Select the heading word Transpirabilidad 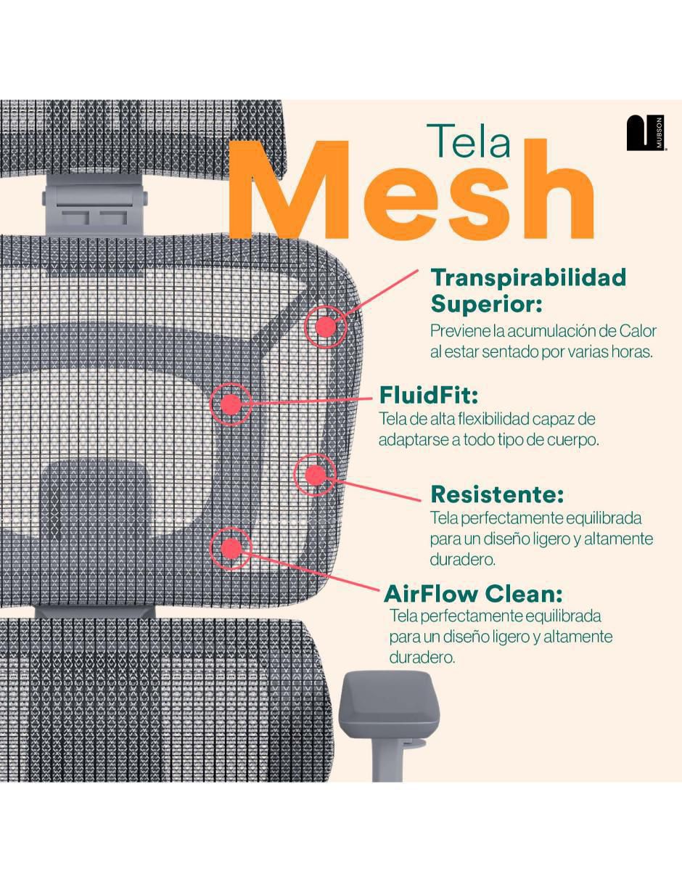pos(528,277)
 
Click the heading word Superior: pos(486,304)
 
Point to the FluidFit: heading pos(429,395)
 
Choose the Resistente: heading pos(497,494)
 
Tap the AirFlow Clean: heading pos(473,594)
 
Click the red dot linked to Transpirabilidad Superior pos(325,327)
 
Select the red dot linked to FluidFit pos(230,404)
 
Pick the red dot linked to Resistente pos(315,475)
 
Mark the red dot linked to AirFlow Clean pos(231,548)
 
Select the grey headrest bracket pos(95,204)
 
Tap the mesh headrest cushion pos(142,139)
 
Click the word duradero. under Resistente pos(463,560)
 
